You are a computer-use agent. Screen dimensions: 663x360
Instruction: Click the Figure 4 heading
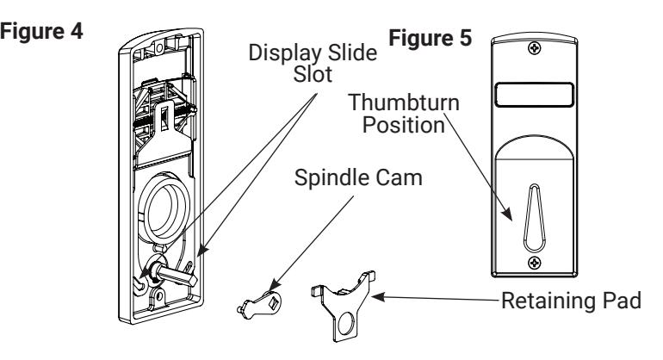point(41,32)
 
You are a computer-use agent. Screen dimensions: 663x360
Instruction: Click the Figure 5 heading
point(430,38)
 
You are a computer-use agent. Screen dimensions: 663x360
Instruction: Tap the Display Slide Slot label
point(313,64)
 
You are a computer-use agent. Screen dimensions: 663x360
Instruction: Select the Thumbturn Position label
point(404,115)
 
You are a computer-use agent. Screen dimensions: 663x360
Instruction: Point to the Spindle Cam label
point(358,177)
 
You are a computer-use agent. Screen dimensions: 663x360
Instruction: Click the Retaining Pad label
point(571,301)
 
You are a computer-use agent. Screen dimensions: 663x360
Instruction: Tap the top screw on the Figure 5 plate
point(535,48)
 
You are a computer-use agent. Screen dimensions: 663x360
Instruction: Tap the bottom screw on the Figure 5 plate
point(535,264)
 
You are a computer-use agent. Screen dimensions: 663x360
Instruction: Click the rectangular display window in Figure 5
point(534,95)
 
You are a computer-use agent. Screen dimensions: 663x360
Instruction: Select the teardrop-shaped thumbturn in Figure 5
point(534,218)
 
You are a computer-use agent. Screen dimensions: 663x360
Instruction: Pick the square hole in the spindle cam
point(273,301)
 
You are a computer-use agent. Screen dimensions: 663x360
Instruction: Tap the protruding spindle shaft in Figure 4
point(175,275)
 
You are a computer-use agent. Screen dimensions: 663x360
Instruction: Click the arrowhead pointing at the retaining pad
point(378,297)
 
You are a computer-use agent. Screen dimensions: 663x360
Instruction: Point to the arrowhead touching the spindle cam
point(274,285)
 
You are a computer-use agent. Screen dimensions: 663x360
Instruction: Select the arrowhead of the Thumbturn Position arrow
point(507,214)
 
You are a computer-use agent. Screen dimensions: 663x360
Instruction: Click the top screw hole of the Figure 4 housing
point(159,47)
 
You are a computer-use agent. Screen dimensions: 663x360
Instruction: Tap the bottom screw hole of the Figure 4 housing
point(158,296)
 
